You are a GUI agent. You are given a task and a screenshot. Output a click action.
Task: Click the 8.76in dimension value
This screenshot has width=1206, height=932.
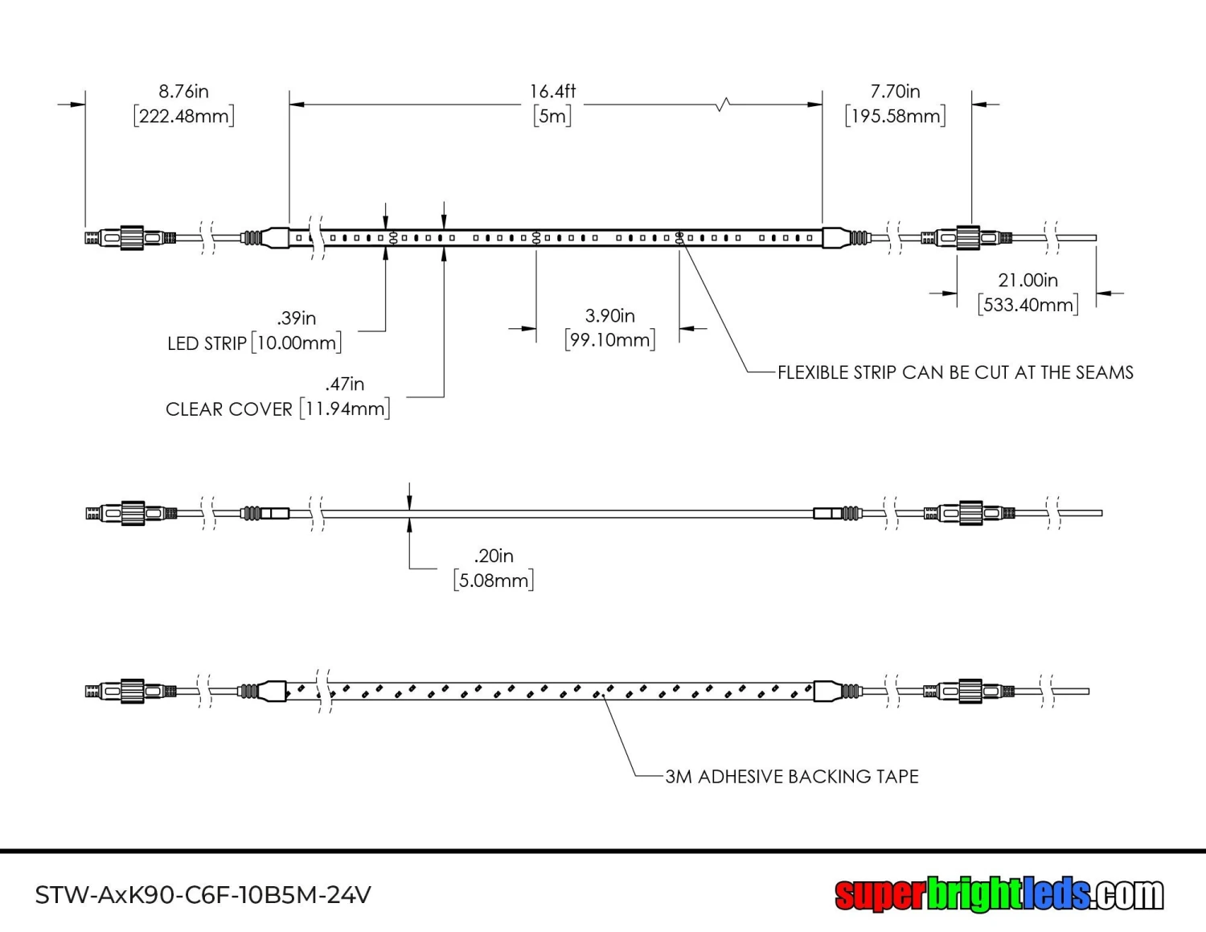[x=183, y=92]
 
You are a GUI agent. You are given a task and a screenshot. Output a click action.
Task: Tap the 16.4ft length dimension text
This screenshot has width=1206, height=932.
[x=552, y=92]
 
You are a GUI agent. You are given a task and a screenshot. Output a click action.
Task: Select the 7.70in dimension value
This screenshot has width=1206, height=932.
[x=895, y=92]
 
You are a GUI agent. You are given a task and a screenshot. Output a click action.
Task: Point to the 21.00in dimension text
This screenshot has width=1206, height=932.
[x=1028, y=281]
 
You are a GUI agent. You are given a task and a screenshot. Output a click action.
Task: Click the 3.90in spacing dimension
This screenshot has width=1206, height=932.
[x=609, y=316]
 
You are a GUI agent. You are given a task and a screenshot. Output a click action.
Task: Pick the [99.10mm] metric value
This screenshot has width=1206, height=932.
[x=609, y=340]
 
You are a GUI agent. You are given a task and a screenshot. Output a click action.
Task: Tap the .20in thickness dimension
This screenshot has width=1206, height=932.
[x=493, y=556]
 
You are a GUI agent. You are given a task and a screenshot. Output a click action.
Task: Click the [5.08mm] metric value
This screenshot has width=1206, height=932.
[x=493, y=581]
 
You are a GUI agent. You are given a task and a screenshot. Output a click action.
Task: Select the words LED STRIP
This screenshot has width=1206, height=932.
[x=207, y=344]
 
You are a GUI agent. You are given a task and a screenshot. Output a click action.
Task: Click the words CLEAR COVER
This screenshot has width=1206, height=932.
[x=229, y=409]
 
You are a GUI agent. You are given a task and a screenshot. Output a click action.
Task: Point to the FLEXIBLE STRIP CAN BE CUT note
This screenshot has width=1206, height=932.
[x=955, y=372]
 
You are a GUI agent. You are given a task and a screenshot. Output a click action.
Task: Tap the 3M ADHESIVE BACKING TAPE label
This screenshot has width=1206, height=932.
[x=791, y=777]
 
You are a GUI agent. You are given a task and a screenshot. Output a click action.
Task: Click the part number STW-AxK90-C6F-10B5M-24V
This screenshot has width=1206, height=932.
[x=203, y=895]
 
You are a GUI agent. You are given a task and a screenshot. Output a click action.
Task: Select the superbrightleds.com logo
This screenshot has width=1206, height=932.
[x=999, y=894]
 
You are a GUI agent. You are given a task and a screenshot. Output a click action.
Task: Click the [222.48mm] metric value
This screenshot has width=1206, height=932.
[x=184, y=116]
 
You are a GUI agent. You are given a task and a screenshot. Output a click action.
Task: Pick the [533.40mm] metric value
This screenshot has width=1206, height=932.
[x=1028, y=305]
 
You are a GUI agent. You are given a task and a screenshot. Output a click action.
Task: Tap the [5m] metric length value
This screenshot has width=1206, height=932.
[x=552, y=116]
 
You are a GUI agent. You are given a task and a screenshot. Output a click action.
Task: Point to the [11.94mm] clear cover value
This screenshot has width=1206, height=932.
[x=344, y=409]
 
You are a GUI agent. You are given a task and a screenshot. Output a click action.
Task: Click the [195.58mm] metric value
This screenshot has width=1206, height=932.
[x=895, y=116]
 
